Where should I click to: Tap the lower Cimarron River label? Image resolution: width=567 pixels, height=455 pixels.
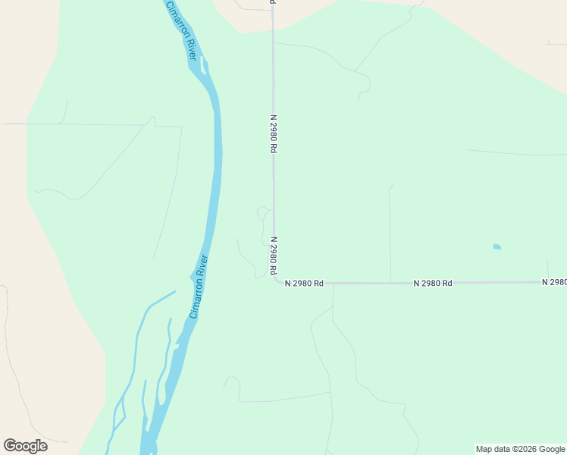[x=199, y=286]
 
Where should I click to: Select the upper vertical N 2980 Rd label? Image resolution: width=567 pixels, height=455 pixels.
[x=272, y=133]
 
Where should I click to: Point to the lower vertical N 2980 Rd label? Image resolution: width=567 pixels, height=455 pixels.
[x=272, y=254]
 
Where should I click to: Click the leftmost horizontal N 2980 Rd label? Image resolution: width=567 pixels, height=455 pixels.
[x=304, y=284]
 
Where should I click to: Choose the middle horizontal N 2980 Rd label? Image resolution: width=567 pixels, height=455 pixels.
[x=433, y=283]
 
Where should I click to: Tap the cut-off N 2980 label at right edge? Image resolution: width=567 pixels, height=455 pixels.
[x=554, y=282]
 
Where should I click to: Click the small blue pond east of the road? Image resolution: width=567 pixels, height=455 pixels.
[x=497, y=246]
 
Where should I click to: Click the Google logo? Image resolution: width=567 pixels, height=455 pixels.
[x=26, y=446]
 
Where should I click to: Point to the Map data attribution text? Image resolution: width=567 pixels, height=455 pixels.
[x=520, y=449]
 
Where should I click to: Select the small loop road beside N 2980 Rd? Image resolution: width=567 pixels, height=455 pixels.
[x=262, y=212]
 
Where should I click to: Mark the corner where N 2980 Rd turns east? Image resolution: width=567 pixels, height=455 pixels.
[x=277, y=281]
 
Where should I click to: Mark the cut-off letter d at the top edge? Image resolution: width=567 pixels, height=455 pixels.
[x=272, y=2]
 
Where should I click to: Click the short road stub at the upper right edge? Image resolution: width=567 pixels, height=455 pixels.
[x=555, y=43]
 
